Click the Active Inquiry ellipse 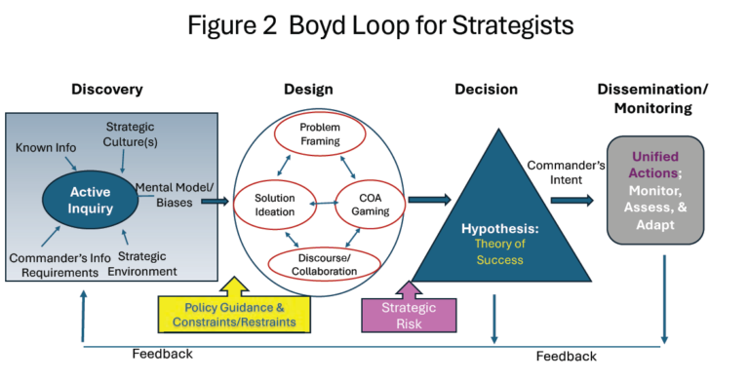coord(90,200)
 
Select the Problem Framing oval coord(319,134)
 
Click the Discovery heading coord(106,90)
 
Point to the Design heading coord(308,90)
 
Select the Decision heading coord(486,90)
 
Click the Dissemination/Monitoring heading coord(652,98)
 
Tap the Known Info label coord(47,146)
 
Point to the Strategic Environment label coord(144,263)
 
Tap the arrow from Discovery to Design coord(214,202)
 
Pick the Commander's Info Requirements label coord(54,264)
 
